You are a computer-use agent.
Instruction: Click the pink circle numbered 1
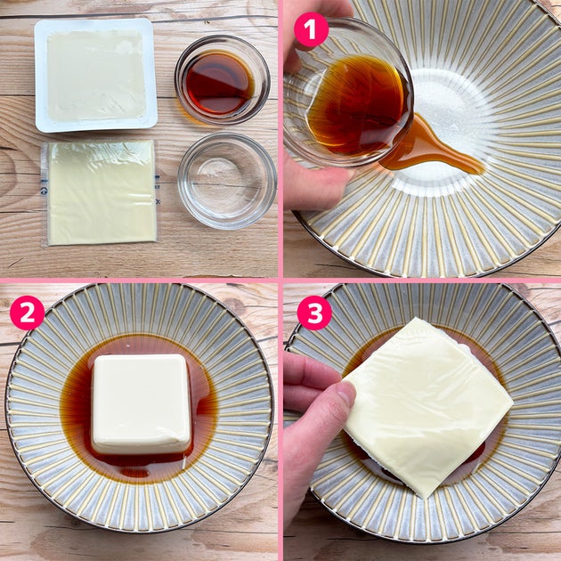[x=311, y=29]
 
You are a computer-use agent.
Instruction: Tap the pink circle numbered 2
[x=28, y=313]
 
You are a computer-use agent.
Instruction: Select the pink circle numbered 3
[x=314, y=313]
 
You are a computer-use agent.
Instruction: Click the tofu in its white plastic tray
[x=96, y=75]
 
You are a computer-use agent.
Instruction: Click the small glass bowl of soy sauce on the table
[x=223, y=80]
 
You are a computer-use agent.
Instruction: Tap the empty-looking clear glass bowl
[x=227, y=182]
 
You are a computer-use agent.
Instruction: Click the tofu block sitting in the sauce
[x=141, y=404]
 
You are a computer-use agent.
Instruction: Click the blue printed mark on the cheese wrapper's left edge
[x=44, y=191]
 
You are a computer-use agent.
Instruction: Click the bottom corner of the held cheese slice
[x=425, y=497]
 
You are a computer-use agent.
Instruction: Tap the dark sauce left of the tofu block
[x=77, y=404]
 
